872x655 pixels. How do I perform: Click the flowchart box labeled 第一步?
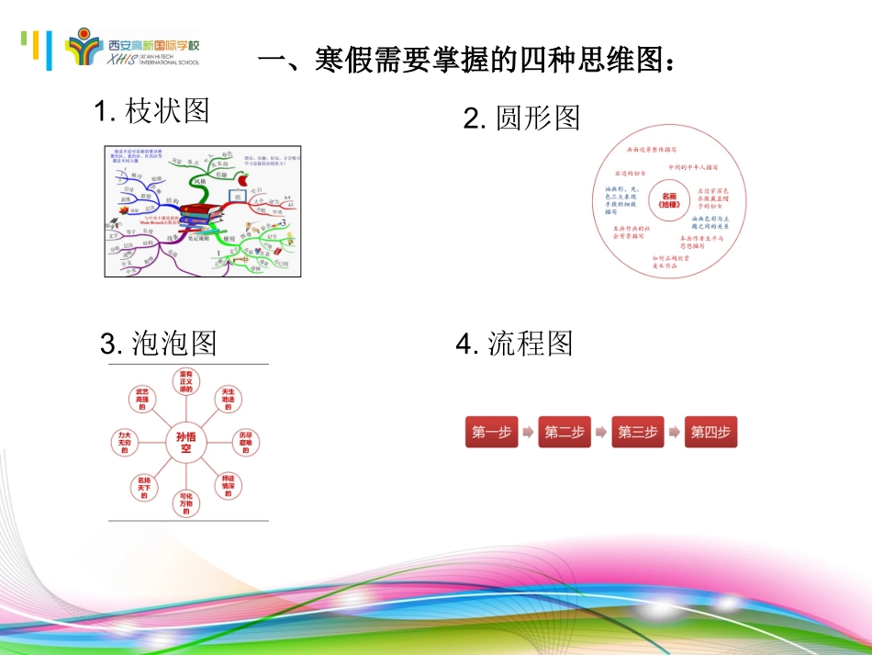(x=491, y=432)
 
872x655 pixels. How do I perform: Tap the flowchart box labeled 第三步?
(x=638, y=432)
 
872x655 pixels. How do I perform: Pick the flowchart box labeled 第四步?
(x=711, y=432)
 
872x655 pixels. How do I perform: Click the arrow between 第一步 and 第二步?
(x=528, y=432)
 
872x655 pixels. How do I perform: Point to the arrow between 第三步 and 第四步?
(x=675, y=432)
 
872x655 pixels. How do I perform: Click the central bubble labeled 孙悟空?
(x=185, y=443)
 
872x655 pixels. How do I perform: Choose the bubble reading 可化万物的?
(x=185, y=503)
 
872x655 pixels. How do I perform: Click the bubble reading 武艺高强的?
(x=141, y=399)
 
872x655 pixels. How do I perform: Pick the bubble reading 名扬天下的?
(x=143, y=487)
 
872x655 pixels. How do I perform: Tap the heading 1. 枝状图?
(x=152, y=111)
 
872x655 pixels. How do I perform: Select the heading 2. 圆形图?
(x=521, y=118)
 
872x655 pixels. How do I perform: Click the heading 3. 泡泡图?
(x=159, y=344)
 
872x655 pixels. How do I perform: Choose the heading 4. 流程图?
(x=514, y=344)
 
